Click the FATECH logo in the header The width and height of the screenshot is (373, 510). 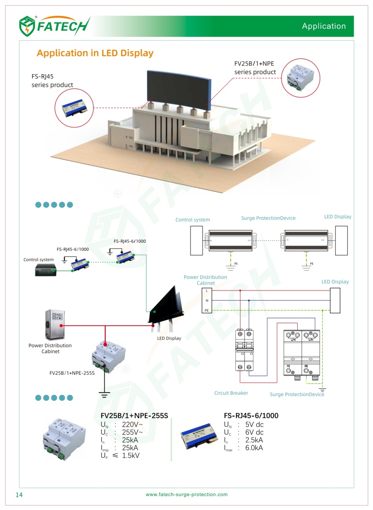(x=54, y=26)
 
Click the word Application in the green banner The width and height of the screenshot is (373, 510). (x=324, y=26)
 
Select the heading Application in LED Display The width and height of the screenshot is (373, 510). (x=95, y=53)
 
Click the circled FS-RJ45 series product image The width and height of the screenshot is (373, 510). (x=74, y=108)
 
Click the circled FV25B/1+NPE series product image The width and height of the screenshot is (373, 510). (x=300, y=78)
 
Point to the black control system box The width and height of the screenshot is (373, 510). (x=46, y=270)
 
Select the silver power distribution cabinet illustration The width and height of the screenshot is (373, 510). (x=54, y=324)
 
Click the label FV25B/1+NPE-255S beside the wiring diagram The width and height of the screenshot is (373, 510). (x=72, y=373)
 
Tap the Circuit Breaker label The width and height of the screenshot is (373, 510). (x=231, y=393)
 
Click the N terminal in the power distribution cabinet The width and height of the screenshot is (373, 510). (x=207, y=301)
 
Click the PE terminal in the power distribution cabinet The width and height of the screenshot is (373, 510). (x=207, y=310)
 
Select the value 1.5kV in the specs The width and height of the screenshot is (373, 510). (x=131, y=455)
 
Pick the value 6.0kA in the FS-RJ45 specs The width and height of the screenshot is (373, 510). (x=254, y=448)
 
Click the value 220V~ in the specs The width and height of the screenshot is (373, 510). (x=132, y=425)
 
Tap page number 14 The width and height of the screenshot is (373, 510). (x=19, y=495)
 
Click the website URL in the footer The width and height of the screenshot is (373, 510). (x=186, y=494)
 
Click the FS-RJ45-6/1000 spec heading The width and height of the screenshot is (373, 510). (x=251, y=416)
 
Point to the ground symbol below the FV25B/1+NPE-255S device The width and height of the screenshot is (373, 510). (x=104, y=394)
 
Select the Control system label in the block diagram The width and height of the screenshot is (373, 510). (x=192, y=220)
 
